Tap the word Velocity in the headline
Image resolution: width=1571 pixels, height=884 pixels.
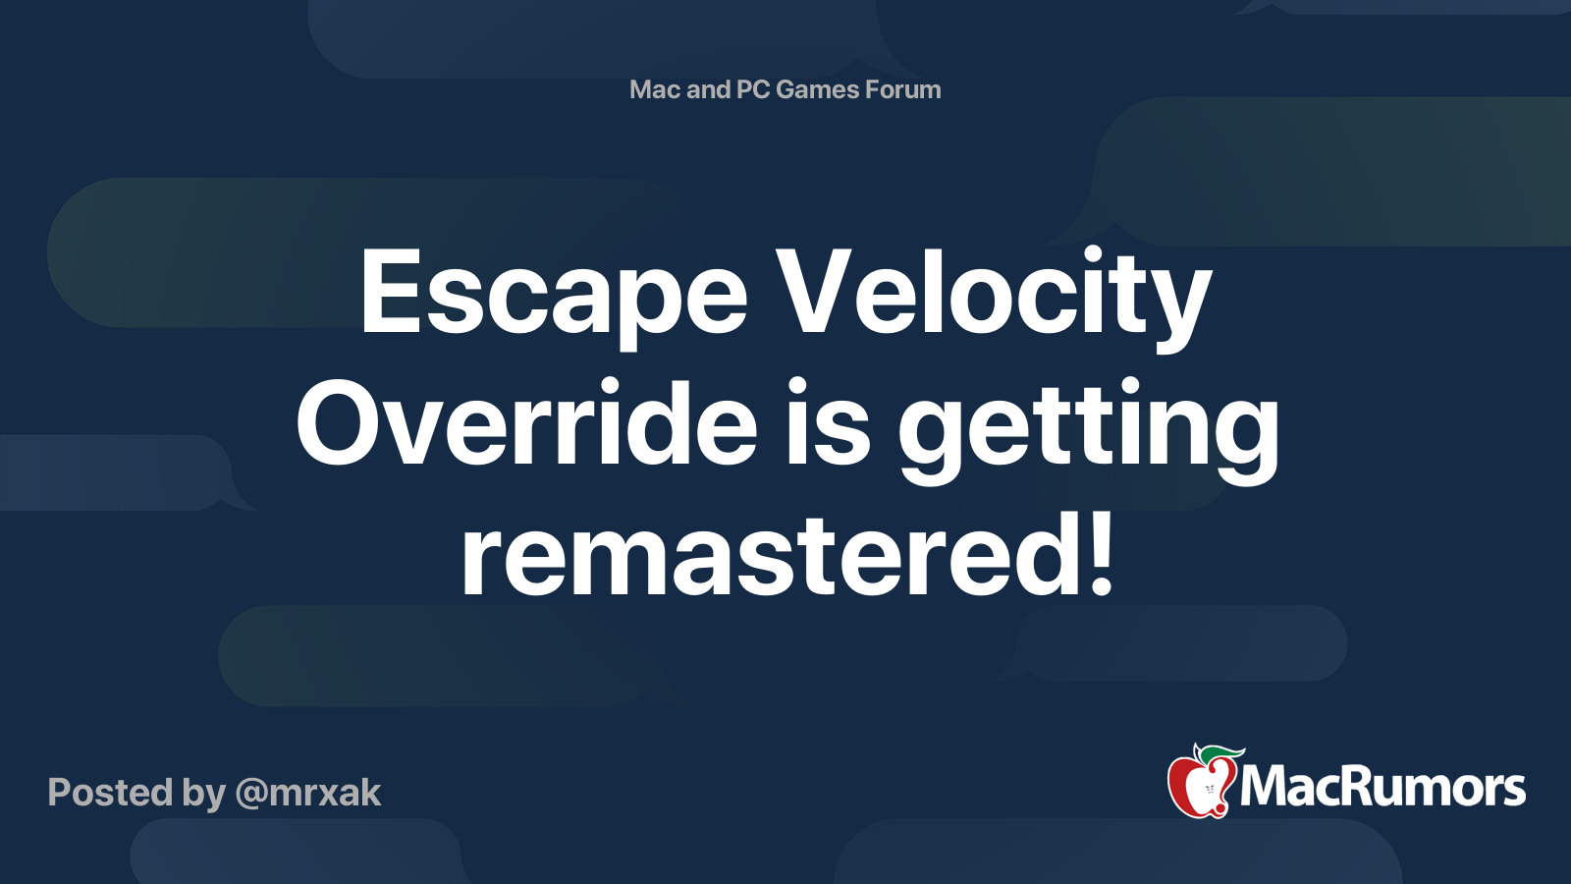point(995,299)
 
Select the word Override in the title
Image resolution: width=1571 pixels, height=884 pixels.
point(526,421)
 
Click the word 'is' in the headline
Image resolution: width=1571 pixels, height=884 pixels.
point(828,421)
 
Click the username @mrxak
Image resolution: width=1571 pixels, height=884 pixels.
point(308,794)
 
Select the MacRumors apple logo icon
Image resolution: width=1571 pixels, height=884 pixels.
point(1204,781)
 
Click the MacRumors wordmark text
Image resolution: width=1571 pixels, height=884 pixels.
point(1382,788)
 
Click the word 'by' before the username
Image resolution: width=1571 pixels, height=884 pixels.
point(204,795)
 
